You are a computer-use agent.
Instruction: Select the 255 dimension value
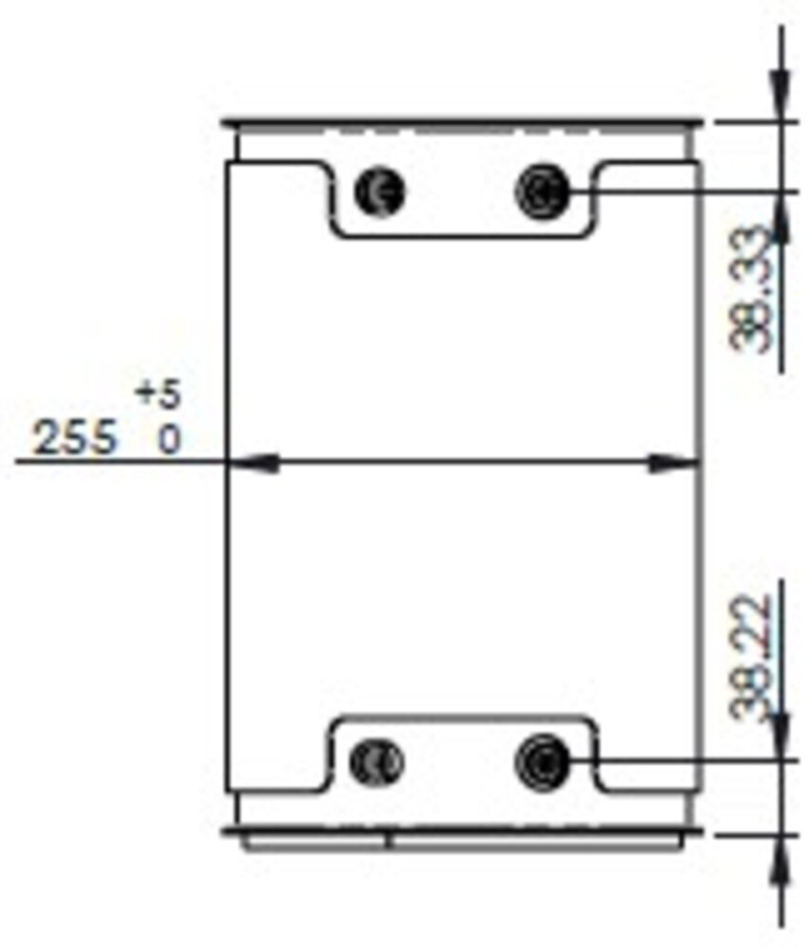coord(76,439)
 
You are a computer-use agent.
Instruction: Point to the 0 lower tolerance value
coord(168,440)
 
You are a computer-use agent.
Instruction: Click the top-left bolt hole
coord(380,191)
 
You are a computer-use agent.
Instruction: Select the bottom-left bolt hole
coord(377,761)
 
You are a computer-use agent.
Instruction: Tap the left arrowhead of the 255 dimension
coord(252,463)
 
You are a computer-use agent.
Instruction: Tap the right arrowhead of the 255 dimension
coord(674,463)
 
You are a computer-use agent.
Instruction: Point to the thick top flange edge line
coord(462,122)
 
